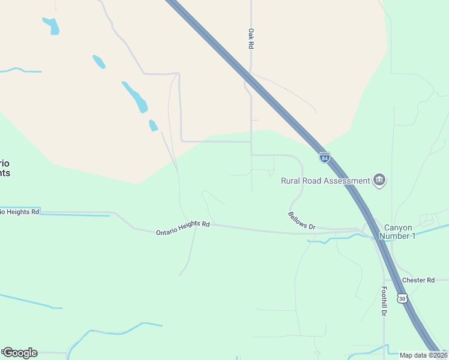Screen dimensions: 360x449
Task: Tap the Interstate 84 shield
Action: (x=324, y=157)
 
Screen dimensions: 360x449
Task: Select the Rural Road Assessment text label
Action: (x=325, y=181)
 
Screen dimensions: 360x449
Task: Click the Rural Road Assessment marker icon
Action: (x=379, y=180)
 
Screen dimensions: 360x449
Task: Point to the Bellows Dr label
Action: (x=301, y=221)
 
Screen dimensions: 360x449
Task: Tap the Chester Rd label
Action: (x=418, y=280)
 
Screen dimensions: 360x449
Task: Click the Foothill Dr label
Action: (x=384, y=301)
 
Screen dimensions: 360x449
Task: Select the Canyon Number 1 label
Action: (x=399, y=232)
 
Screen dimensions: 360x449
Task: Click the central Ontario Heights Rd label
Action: (x=182, y=228)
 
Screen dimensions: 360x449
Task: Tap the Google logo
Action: (x=20, y=353)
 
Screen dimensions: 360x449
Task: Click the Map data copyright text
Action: (x=423, y=355)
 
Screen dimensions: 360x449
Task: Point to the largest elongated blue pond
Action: (x=135, y=97)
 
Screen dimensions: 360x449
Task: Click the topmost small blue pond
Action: (x=52, y=26)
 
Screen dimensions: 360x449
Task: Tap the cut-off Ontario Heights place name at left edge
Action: (x=5, y=168)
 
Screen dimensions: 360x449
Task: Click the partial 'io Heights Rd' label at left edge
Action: (x=20, y=212)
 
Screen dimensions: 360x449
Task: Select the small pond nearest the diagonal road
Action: (x=153, y=125)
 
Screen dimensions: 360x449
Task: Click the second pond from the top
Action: (x=99, y=61)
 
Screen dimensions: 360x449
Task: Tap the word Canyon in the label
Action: (x=398, y=227)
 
